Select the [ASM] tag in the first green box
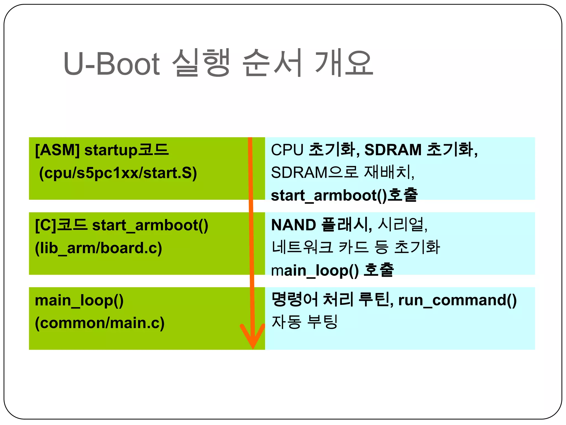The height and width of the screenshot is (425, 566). tap(57, 150)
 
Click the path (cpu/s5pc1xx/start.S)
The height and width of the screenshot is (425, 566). tap(118, 173)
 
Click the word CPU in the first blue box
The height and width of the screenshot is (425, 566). tap(287, 150)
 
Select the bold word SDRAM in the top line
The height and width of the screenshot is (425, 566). tap(393, 150)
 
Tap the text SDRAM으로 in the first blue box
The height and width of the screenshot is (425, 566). tap(315, 173)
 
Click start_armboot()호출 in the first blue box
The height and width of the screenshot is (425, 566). tap(344, 195)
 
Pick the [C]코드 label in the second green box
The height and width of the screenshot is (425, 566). tap(61, 225)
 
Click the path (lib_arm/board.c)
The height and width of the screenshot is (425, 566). tap(98, 248)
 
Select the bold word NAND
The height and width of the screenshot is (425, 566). tap(294, 225)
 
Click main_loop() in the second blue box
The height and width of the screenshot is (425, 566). tap(315, 270)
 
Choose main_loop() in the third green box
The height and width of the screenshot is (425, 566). tap(79, 300)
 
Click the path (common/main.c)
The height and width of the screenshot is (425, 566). tap(99, 323)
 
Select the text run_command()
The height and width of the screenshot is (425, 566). tap(457, 300)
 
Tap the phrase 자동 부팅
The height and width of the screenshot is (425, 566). tap(304, 322)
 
